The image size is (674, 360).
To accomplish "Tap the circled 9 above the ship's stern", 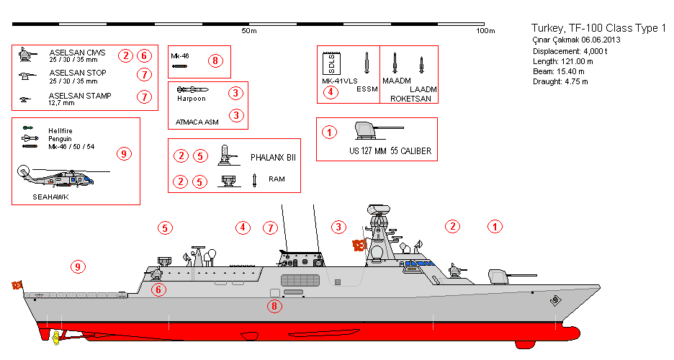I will [x=78, y=267].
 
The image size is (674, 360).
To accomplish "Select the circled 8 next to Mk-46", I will [x=215, y=60].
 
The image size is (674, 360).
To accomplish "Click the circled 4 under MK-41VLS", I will [x=330, y=91].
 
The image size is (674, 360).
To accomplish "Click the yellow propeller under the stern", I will [x=53, y=337].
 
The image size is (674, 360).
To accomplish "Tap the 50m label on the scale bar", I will [x=249, y=31].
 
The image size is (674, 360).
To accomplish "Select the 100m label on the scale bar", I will [x=486, y=31].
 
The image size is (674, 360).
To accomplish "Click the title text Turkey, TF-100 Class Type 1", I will [x=598, y=27].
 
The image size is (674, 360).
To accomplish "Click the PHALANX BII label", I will [x=273, y=156].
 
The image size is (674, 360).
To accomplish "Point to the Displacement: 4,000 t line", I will [x=570, y=52].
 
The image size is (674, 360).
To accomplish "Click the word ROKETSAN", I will [x=410, y=99].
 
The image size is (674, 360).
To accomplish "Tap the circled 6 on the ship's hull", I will [x=159, y=289].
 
